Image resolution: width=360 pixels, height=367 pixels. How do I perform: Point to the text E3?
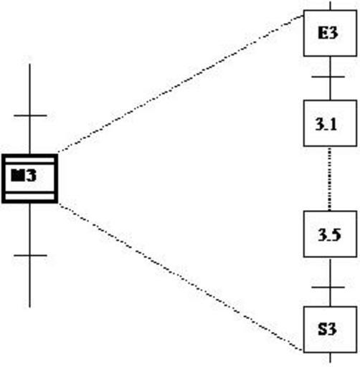[x=328, y=33]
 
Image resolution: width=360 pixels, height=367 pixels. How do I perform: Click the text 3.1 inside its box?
[x=326, y=124]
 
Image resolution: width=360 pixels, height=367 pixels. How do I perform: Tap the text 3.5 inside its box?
[x=329, y=235]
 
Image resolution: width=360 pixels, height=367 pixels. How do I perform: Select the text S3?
[x=327, y=329]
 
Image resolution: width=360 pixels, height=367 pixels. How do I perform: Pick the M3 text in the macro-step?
[x=24, y=175]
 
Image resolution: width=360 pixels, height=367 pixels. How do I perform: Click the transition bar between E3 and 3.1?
[x=328, y=77]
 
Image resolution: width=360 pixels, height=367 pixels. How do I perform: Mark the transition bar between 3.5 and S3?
[x=328, y=287]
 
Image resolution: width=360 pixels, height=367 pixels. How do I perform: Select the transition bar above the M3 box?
[x=30, y=115]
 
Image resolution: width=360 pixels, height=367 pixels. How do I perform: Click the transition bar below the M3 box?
[x=30, y=255]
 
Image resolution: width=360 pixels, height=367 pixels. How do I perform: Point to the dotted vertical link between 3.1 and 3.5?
[x=330, y=178]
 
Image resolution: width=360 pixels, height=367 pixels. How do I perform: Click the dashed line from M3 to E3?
[x=181, y=84]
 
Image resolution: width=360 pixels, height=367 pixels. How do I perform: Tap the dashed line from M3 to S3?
[x=181, y=277]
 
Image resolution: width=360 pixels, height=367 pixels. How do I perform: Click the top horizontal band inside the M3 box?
[x=29, y=160]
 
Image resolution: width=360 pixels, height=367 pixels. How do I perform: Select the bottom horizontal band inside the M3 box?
[x=29, y=196]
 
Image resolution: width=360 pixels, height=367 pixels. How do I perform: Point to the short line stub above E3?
[x=331, y=6]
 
